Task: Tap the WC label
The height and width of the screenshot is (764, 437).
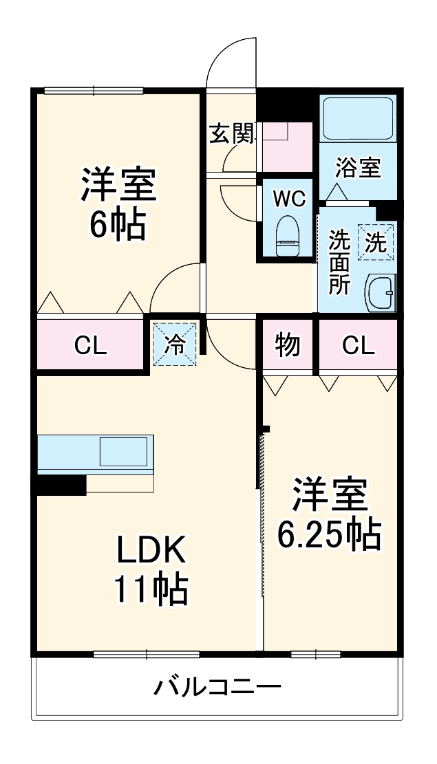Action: click(288, 199)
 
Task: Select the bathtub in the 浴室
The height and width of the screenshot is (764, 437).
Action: click(357, 118)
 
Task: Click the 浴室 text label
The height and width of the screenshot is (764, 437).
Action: click(358, 167)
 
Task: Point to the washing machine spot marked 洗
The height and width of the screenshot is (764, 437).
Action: click(376, 242)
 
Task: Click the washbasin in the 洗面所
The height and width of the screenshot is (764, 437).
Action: click(380, 293)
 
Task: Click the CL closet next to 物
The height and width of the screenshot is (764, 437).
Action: click(358, 346)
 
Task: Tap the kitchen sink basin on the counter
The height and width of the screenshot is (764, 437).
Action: click(123, 452)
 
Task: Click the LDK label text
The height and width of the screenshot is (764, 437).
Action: click(150, 549)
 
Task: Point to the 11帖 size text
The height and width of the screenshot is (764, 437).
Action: click(150, 589)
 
